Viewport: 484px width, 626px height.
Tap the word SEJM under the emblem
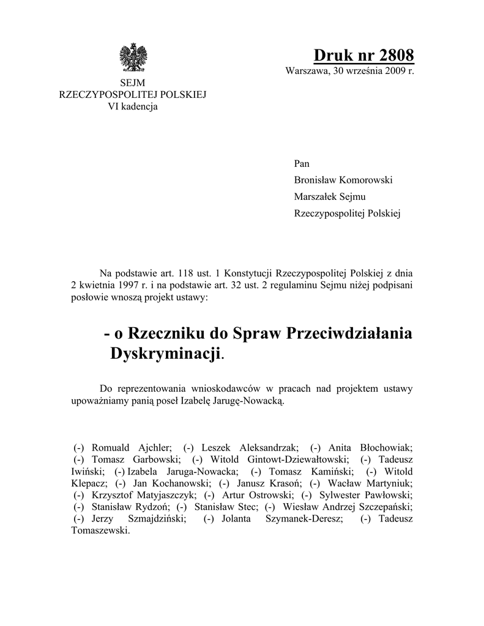coord(132,83)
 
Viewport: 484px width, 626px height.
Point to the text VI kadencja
coord(133,106)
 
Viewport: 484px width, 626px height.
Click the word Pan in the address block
coord(302,164)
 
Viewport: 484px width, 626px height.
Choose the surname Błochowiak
coord(384,447)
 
